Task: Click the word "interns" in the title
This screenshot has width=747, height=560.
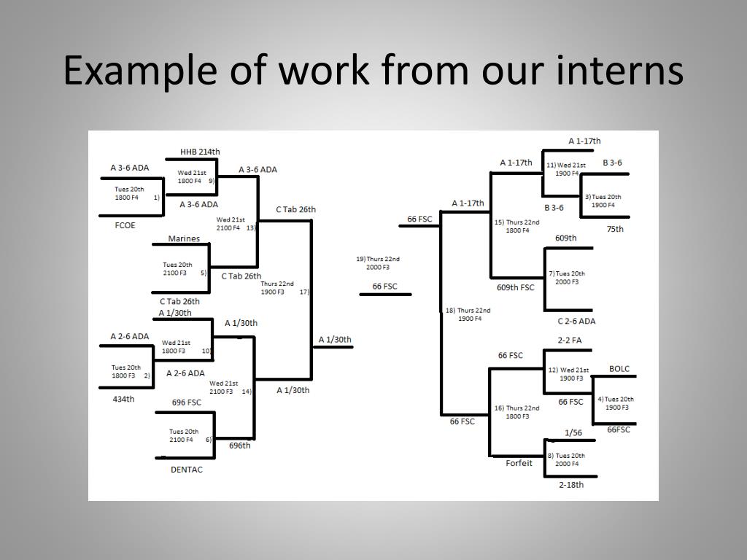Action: tap(624, 71)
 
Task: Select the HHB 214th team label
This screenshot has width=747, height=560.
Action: tap(200, 152)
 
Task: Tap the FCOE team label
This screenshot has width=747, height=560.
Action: tap(125, 225)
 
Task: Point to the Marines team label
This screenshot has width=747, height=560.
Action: tap(184, 238)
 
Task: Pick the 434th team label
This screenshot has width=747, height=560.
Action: tap(123, 399)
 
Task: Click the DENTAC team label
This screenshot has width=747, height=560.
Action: tap(187, 470)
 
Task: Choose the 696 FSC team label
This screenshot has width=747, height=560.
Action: tap(187, 402)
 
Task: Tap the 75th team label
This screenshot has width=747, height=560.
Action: tap(615, 229)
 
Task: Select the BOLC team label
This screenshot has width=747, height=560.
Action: tap(619, 369)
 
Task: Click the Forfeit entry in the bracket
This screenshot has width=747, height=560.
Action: tap(519, 463)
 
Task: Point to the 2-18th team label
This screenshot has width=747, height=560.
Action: tap(571, 484)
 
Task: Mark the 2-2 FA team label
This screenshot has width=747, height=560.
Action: tap(570, 340)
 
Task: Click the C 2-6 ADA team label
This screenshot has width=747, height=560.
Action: tap(576, 321)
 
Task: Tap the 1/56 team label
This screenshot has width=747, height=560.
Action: tap(573, 432)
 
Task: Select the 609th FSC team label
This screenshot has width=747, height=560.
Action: tap(516, 287)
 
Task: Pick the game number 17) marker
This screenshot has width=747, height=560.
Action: tap(304, 292)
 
